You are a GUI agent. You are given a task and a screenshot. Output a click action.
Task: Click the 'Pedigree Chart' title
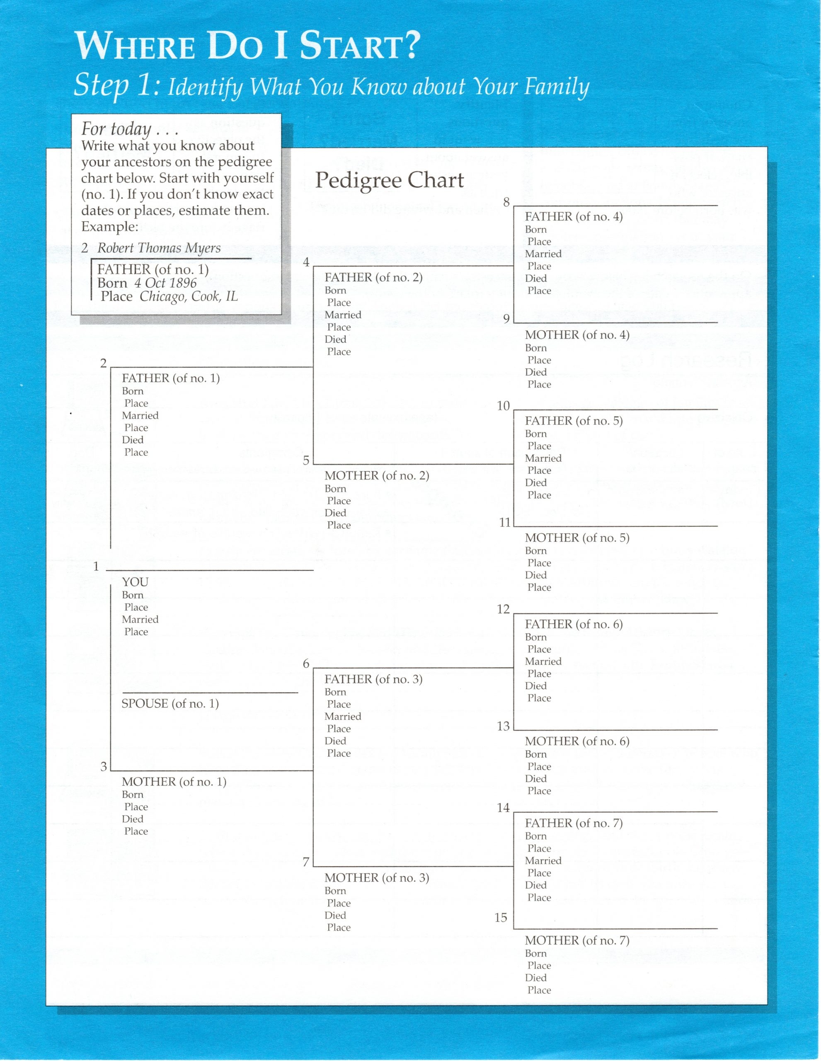point(389,181)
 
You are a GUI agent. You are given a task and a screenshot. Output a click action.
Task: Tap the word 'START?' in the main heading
point(359,47)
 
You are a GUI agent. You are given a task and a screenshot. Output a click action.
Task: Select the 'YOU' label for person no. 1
point(135,582)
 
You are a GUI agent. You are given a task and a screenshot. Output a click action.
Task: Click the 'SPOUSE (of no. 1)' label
point(170,703)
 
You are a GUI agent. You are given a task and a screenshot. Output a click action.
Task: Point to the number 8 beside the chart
point(506,202)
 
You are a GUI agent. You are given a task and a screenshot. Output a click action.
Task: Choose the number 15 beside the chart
point(501,918)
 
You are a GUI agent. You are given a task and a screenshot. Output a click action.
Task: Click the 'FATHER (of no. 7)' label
point(574,823)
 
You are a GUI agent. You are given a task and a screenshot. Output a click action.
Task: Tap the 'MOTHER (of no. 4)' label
point(577,335)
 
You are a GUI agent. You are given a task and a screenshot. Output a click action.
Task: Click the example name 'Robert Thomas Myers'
point(159,248)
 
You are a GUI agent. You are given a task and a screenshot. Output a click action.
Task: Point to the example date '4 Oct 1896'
point(166,283)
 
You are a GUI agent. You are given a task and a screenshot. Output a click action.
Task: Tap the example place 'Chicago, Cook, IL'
point(189,296)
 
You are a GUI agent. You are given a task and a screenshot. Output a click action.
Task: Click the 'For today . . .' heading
point(129,129)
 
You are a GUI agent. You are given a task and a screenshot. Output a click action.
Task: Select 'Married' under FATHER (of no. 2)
point(343,315)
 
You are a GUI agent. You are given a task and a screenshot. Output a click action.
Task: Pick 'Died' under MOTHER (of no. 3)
point(335,915)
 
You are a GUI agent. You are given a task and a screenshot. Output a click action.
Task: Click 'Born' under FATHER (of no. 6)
point(535,637)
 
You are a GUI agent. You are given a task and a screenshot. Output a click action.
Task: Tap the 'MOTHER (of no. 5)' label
point(577,538)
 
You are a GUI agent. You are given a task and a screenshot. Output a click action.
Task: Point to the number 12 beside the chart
point(503,609)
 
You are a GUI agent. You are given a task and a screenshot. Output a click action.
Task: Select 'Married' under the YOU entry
point(140,620)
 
